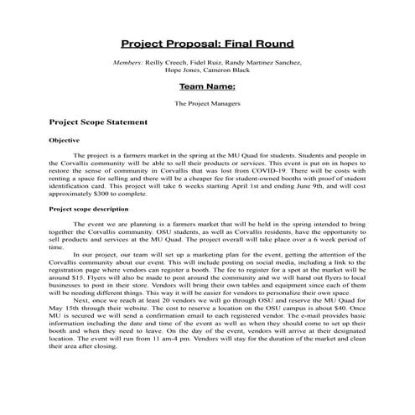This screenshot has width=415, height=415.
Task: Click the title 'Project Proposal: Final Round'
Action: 206,41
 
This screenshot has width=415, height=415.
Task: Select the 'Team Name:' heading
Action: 206,86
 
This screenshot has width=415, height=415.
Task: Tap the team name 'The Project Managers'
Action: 206,104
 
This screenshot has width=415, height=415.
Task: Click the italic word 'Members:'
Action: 127,62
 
